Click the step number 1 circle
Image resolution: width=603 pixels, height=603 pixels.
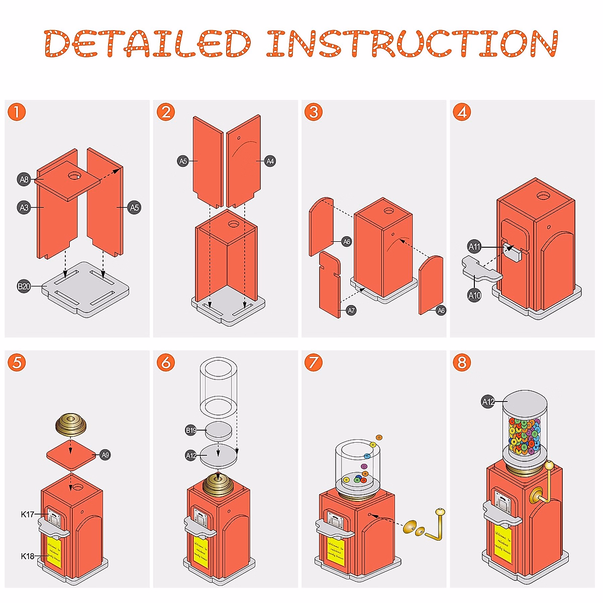pos(17,112)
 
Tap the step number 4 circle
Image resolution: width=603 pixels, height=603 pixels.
pos(462,112)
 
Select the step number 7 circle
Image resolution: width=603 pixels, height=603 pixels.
pos(314,362)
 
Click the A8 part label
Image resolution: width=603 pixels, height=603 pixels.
pos(24,179)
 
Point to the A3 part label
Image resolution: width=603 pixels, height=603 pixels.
pos(24,207)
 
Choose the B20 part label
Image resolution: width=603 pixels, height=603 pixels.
pos(24,286)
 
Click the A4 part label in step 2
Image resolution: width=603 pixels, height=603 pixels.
pos(270,161)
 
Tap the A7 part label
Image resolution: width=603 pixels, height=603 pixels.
pos(351,311)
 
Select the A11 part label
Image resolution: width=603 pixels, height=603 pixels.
pos(474,246)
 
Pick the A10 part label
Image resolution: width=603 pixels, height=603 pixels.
pos(474,295)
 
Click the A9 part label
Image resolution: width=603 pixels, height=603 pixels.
pos(105,455)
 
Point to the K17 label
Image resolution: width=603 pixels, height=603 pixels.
pos(28,514)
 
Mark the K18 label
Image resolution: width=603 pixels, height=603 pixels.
pos(28,556)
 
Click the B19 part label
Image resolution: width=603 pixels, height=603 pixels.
pos(191,430)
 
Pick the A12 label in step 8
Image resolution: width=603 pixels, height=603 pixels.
pos(488,401)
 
